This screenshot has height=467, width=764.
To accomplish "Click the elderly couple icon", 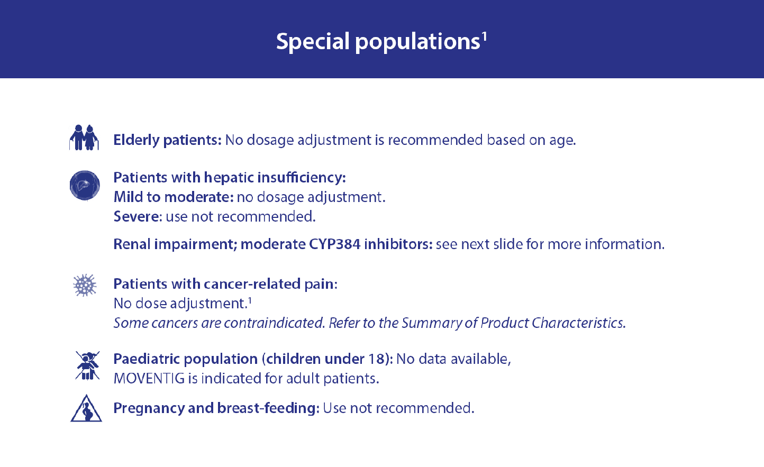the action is click(84, 138).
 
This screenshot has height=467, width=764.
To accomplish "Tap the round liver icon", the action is click(85, 186).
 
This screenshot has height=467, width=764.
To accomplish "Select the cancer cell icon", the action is click(85, 285).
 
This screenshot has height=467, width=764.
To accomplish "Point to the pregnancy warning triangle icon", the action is click(86, 408).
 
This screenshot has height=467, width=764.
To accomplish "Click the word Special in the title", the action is click(313, 42).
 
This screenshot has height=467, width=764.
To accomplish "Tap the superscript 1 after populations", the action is click(484, 36).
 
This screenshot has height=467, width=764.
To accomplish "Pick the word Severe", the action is click(136, 216).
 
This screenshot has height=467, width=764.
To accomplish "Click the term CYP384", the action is click(334, 244).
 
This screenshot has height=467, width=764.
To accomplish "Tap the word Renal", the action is click(132, 244).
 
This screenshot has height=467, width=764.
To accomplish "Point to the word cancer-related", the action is click(252, 284).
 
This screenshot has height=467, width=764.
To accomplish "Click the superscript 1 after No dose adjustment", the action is click(250, 300).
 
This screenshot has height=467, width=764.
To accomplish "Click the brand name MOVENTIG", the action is click(149, 379).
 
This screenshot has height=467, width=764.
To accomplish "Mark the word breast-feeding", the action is click(267, 408).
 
